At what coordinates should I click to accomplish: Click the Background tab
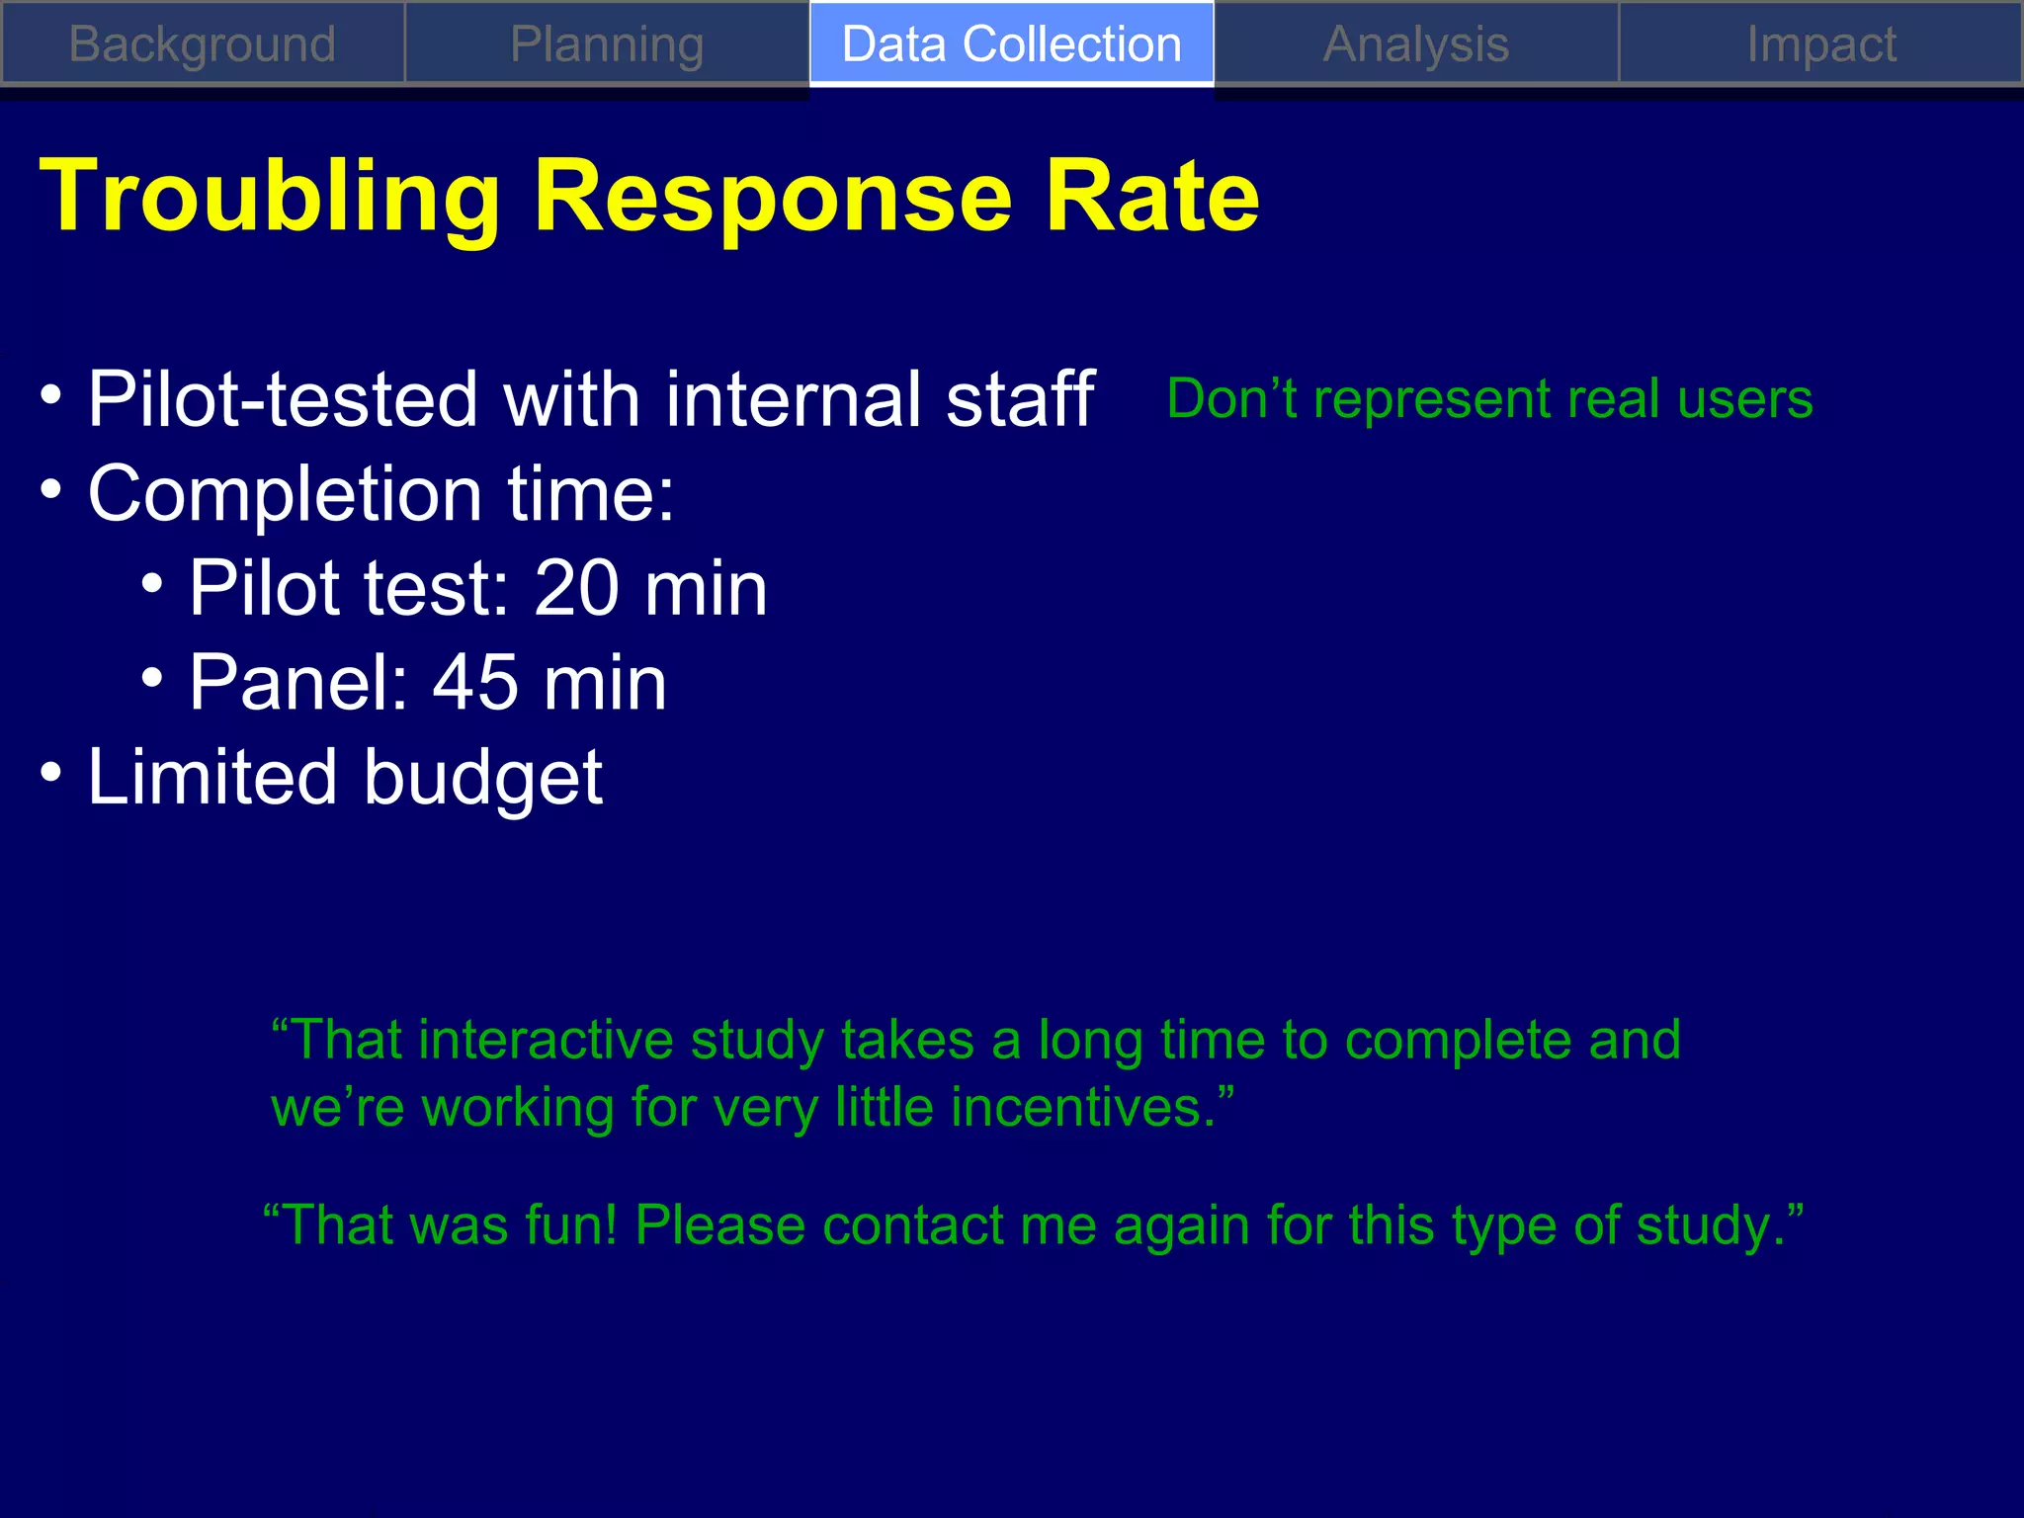click(x=203, y=44)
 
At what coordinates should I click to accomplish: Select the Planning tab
click(x=607, y=44)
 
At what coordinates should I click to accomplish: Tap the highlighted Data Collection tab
click(x=1011, y=44)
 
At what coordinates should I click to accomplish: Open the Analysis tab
click(x=1416, y=44)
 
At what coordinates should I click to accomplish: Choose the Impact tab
click(x=1820, y=44)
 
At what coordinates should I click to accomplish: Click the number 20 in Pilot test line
click(x=576, y=588)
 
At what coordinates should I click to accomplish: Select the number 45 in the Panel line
click(x=475, y=683)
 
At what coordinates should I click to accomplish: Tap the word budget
click(x=482, y=778)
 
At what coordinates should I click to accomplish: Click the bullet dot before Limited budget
click(x=51, y=772)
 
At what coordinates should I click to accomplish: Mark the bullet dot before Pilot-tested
click(x=51, y=394)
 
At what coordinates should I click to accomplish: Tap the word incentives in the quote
click(x=1083, y=1107)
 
